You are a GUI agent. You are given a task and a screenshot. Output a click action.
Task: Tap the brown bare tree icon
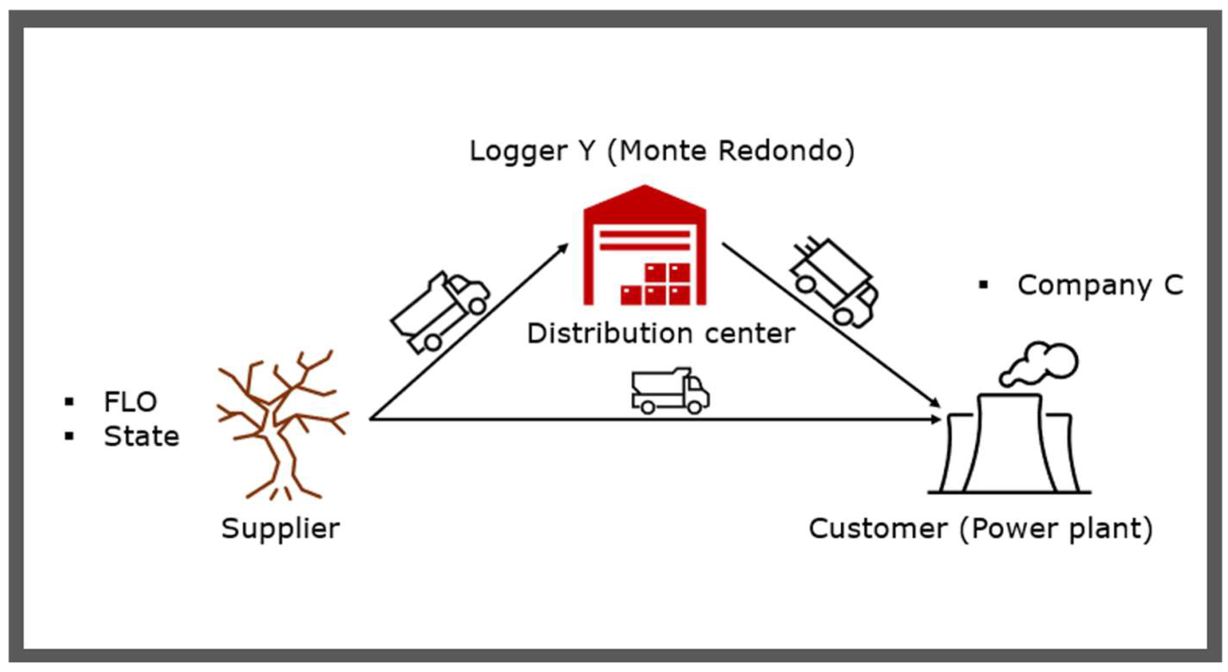click(x=281, y=424)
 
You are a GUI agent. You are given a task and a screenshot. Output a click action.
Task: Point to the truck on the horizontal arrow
click(x=670, y=391)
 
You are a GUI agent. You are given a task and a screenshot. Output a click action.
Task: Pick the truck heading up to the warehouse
click(x=440, y=312)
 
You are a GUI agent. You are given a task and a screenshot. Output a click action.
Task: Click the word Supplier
click(x=280, y=528)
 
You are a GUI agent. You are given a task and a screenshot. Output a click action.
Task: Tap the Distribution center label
click(x=661, y=333)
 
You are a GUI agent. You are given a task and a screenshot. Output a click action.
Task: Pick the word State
click(x=142, y=436)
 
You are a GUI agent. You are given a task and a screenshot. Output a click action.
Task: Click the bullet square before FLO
click(x=70, y=402)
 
